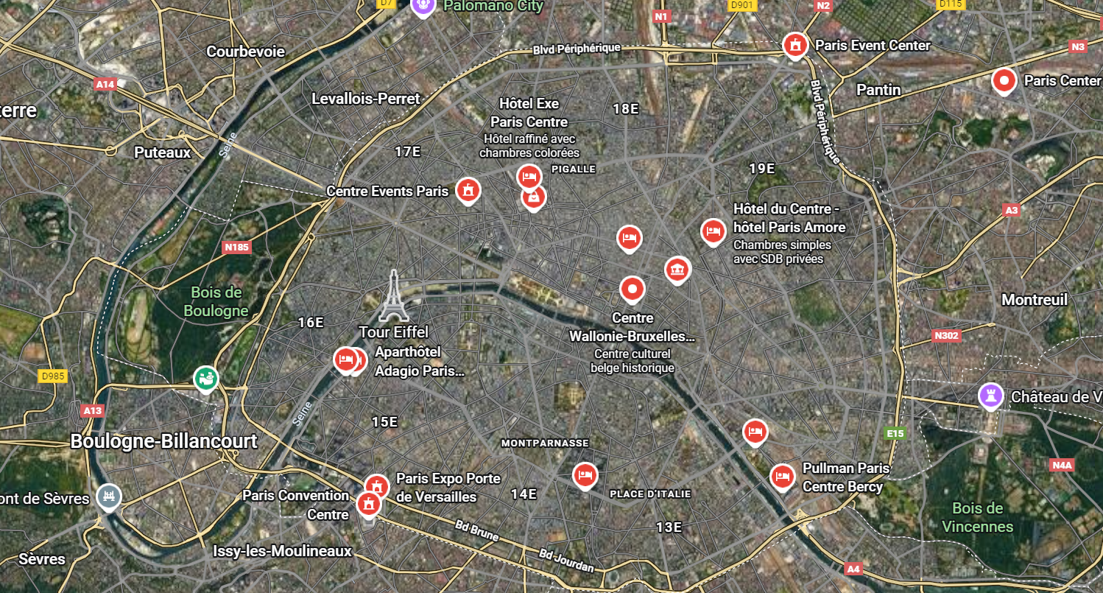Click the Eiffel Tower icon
click(394, 295)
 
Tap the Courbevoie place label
click(245, 52)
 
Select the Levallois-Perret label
click(365, 99)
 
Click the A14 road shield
click(105, 85)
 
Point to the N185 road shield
click(236, 247)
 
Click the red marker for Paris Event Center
click(794, 45)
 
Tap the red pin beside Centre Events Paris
click(468, 190)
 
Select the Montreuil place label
click(1034, 300)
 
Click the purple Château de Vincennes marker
click(991, 396)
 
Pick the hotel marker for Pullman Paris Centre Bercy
click(782, 476)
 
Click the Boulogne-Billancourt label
click(163, 441)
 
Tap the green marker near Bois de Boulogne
click(206, 379)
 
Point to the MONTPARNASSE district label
click(544, 443)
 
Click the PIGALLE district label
click(573, 169)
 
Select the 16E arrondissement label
click(311, 322)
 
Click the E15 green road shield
click(895, 434)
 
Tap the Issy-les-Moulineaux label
click(282, 551)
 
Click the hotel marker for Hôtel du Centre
click(712, 231)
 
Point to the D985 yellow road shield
click(53, 376)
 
